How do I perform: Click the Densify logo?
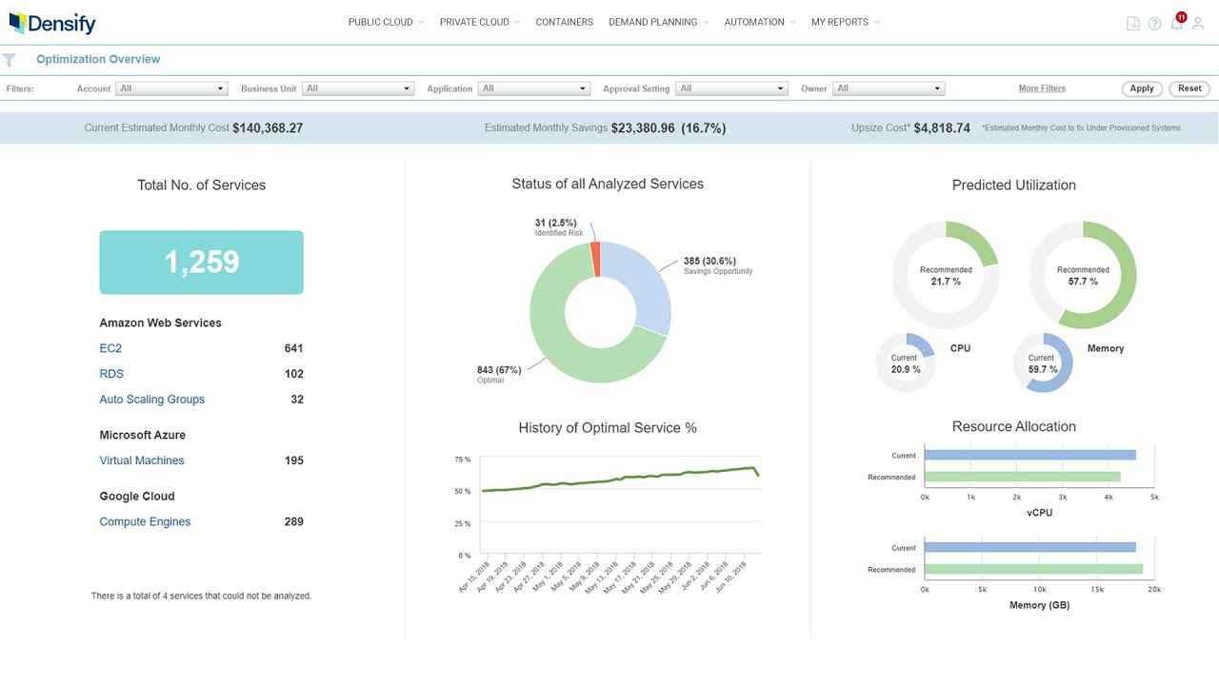(x=52, y=23)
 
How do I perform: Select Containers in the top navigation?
(x=564, y=22)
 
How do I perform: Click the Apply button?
(x=1142, y=88)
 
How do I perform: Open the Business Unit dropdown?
(x=358, y=88)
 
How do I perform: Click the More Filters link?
(x=1042, y=88)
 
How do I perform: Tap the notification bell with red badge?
(x=1177, y=24)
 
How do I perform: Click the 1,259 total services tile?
(x=201, y=262)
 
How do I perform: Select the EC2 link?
(x=110, y=348)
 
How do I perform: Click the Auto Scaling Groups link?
(x=151, y=400)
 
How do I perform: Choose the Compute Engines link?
(x=145, y=521)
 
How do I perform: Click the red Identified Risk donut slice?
(x=596, y=259)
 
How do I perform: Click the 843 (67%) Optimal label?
(x=499, y=370)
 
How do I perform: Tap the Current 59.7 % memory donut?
(x=1042, y=362)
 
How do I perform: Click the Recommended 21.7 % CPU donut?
(x=946, y=275)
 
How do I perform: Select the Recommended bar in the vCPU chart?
(x=1022, y=477)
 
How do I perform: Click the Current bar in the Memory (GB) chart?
(x=1029, y=547)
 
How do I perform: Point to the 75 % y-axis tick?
(x=462, y=460)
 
